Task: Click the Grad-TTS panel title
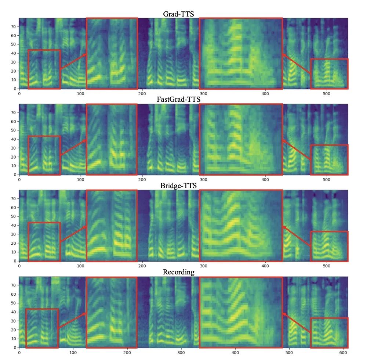point(178,14)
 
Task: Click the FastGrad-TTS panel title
point(178,100)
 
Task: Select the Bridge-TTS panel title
point(178,186)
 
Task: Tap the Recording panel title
point(178,272)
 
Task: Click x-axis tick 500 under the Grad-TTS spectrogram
point(326,93)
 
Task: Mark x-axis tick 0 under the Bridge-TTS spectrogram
point(19,266)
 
